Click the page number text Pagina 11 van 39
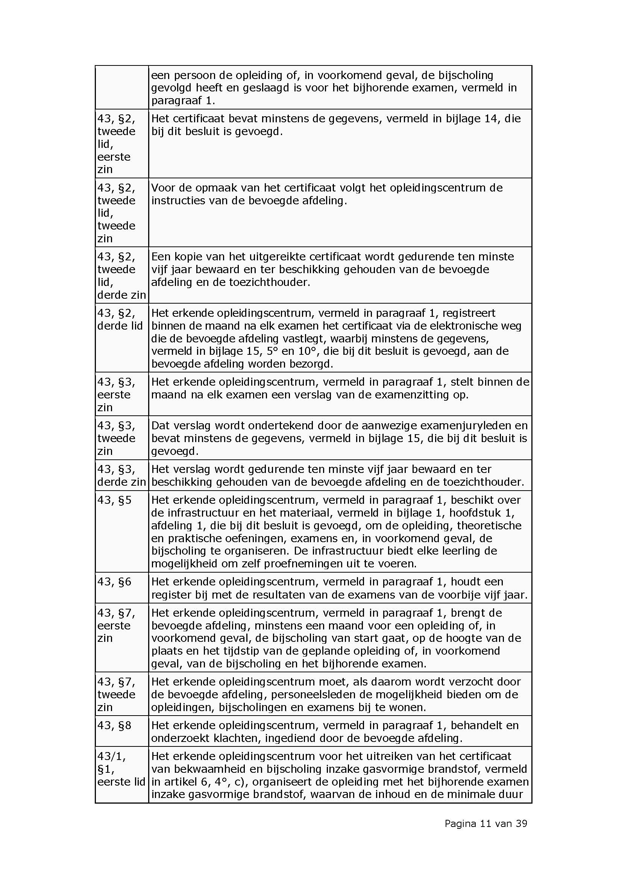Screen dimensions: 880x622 [485, 823]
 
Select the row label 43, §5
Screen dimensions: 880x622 [114, 500]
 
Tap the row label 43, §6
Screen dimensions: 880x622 [114, 582]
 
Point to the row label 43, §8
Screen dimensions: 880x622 [114, 725]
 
